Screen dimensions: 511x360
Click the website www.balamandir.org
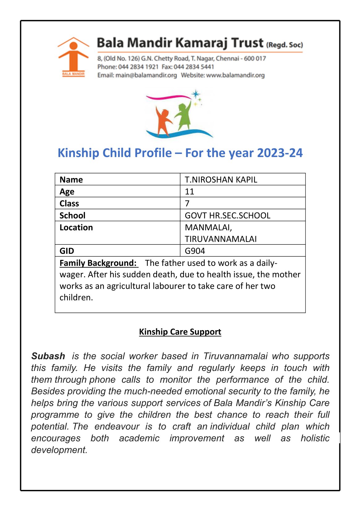235,75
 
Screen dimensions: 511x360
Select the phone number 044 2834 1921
138,67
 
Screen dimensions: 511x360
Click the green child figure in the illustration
184,116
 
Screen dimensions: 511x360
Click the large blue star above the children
195,94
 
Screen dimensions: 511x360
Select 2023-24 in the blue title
280,153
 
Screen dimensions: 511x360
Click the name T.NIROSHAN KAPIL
221,180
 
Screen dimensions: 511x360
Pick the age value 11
189,192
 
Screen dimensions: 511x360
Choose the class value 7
187,203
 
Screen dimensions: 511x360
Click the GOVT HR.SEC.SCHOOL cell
227,215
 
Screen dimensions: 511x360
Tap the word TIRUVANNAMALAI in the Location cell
221,239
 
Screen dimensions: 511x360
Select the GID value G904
195,251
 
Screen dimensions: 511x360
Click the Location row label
76,228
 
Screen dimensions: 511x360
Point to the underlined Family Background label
98,263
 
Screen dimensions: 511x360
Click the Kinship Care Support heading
180,332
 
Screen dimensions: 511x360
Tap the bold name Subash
48,356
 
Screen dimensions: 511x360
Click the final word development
59,450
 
